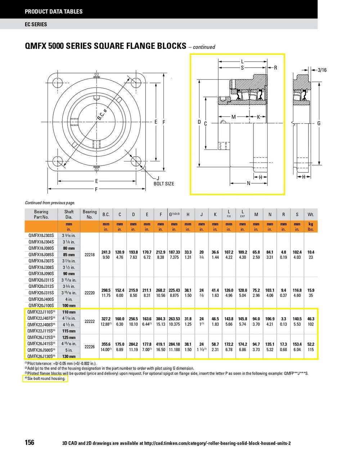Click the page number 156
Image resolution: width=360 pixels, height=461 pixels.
tap(30, 442)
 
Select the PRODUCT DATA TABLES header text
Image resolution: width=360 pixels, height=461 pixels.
tap(54, 12)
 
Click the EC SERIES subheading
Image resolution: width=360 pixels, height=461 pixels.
tap(36, 24)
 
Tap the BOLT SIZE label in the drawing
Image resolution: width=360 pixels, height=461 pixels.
tap(164, 184)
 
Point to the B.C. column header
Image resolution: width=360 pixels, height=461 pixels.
tap(106, 215)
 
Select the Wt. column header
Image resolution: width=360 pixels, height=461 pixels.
tap(311, 215)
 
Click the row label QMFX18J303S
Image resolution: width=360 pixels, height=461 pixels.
tap(41, 236)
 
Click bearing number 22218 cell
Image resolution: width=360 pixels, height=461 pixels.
tap(90, 255)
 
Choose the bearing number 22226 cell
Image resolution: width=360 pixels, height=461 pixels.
tap(90, 347)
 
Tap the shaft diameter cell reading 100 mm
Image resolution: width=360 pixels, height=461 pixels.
tap(69, 305)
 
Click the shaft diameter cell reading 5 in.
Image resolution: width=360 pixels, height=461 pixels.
tap(69, 350)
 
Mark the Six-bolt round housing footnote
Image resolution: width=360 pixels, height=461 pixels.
tap(45, 379)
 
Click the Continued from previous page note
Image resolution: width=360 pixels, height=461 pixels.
tap(50, 203)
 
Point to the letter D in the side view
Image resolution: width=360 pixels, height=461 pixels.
tap(199, 122)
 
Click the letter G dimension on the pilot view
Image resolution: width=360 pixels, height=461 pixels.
tap(319, 124)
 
